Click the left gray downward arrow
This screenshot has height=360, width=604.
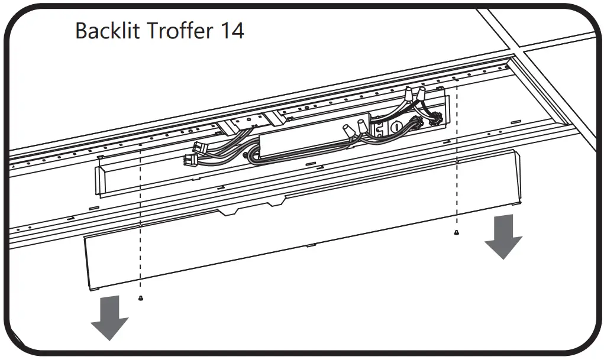click(109, 318)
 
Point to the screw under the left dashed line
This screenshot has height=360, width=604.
click(140, 297)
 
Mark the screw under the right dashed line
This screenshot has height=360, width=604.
click(457, 232)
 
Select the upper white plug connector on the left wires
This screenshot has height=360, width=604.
click(198, 148)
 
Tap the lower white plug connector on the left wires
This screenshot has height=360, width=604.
click(192, 158)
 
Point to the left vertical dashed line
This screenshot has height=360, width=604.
click(141, 225)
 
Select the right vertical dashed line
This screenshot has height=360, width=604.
click(457, 160)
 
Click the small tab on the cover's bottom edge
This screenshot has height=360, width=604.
click(311, 245)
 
